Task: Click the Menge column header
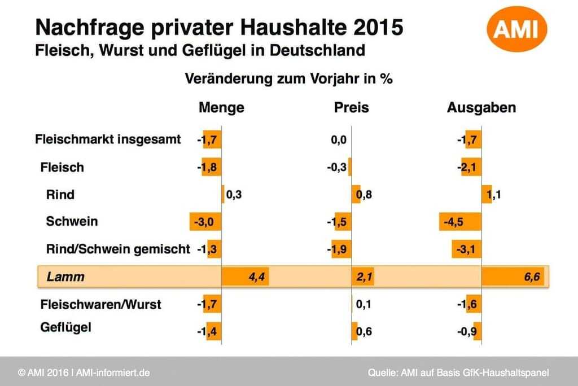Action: point(221,107)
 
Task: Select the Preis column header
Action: point(351,107)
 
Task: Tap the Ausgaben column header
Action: point(481,107)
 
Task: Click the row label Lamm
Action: point(65,277)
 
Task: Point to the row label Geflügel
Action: point(65,327)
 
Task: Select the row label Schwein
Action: point(72,221)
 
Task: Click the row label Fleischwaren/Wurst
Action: point(100,305)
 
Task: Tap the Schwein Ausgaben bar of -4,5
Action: point(460,222)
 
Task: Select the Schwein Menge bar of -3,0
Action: point(205,222)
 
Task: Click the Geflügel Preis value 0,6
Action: point(364,332)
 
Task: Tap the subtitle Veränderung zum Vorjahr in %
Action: point(288,79)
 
